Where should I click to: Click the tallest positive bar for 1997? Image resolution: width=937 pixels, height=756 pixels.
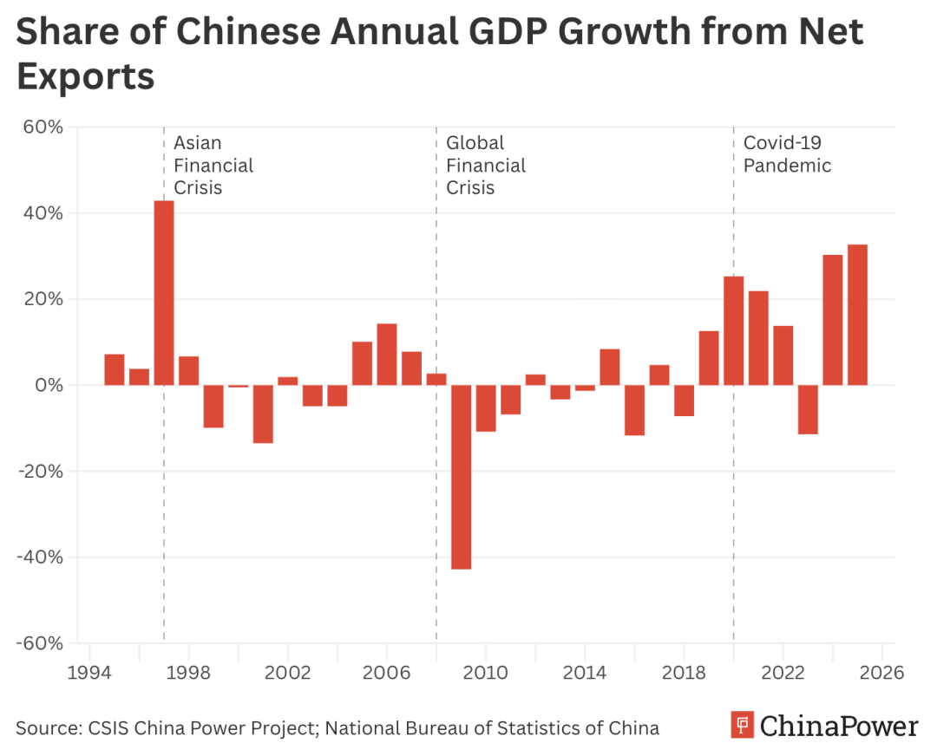tap(164, 293)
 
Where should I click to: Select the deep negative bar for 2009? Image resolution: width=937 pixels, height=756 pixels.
tap(461, 477)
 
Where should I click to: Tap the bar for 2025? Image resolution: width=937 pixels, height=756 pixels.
tap(857, 315)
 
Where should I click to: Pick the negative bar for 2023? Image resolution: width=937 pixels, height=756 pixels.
tap(808, 410)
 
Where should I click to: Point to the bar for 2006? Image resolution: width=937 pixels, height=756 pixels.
tap(387, 354)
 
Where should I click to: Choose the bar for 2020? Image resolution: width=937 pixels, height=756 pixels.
tap(733, 331)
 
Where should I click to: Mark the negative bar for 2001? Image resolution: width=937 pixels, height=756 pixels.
tap(263, 414)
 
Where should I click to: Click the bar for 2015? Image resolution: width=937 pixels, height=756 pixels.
tap(610, 368)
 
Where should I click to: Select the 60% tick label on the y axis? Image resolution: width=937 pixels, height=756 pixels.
tap(43, 127)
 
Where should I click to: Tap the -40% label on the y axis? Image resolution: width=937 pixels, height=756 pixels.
tap(40, 557)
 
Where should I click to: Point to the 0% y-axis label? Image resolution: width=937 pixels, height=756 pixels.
tap(49, 385)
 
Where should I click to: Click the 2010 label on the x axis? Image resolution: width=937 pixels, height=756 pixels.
tap(485, 673)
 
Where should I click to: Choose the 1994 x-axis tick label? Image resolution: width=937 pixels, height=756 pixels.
tap(89, 673)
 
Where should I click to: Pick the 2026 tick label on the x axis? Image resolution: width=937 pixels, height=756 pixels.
tap(881, 673)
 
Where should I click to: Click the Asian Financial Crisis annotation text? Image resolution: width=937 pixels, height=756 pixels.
tap(213, 165)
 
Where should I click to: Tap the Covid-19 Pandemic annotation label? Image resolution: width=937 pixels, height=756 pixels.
tap(787, 153)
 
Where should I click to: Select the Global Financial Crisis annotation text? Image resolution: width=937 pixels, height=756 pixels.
tap(486, 165)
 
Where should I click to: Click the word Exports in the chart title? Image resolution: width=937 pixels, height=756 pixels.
tap(85, 76)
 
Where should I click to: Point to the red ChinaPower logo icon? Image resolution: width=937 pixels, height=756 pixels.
tap(742, 725)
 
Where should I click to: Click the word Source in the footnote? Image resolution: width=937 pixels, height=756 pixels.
tap(49, 728)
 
